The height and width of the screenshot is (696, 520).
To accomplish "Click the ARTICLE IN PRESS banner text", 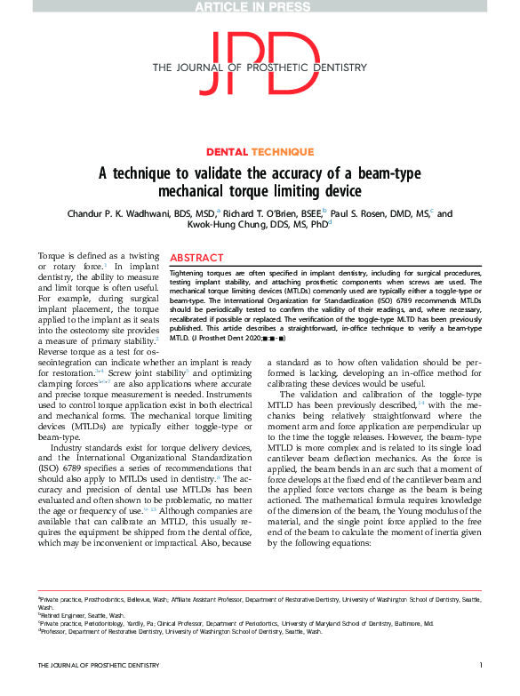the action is [259, 6].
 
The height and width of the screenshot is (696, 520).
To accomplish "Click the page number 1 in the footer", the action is [480, 690].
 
